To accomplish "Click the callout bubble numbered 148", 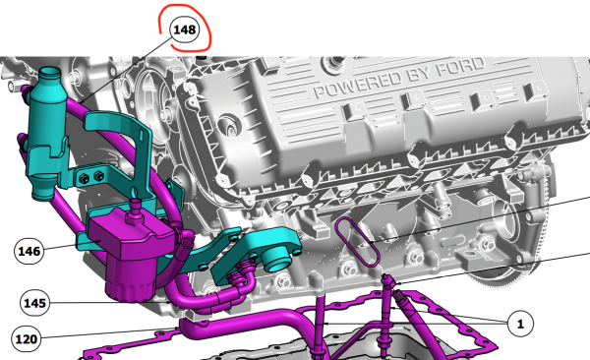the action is [x=185, y=30].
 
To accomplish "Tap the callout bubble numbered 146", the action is [x=29, y=251].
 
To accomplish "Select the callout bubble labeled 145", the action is [x=34, y=303].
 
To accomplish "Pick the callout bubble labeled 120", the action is [x=27, y=339].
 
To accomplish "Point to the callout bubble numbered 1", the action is [x=520, y=324].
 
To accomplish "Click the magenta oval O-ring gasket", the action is [x=357, y=242].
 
